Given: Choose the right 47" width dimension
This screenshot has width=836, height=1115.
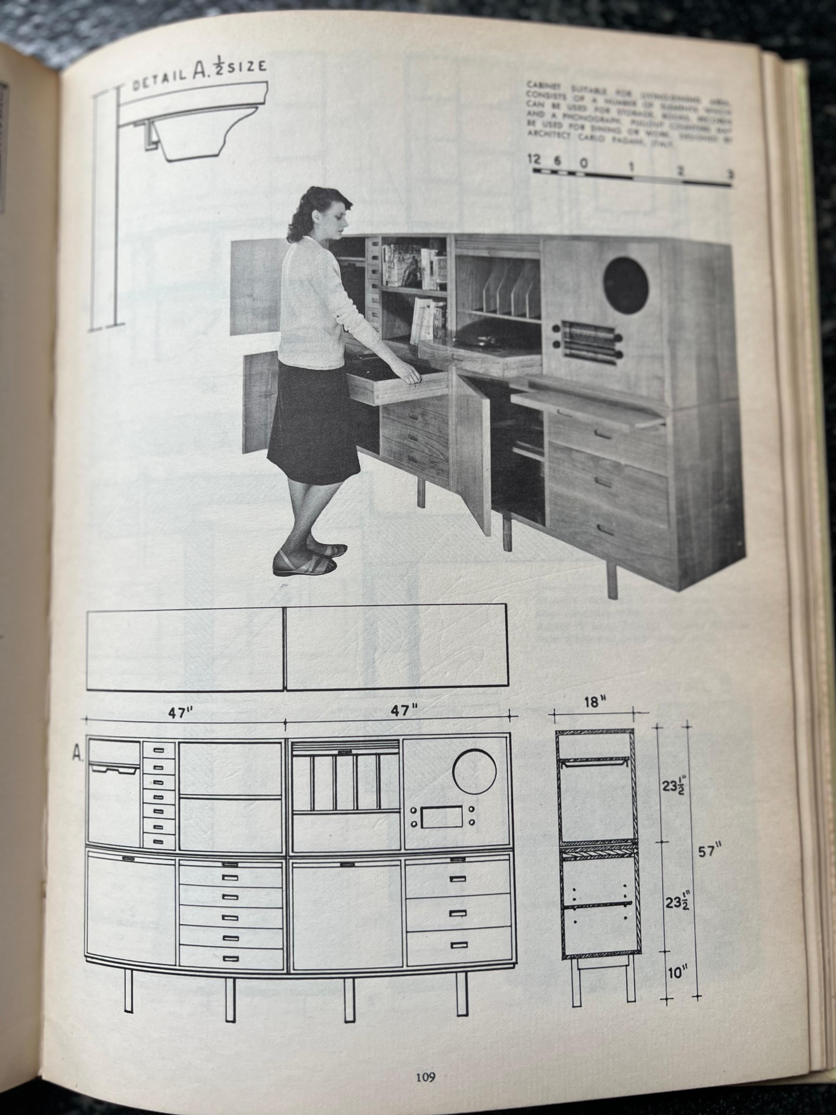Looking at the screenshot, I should coord(404,710).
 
